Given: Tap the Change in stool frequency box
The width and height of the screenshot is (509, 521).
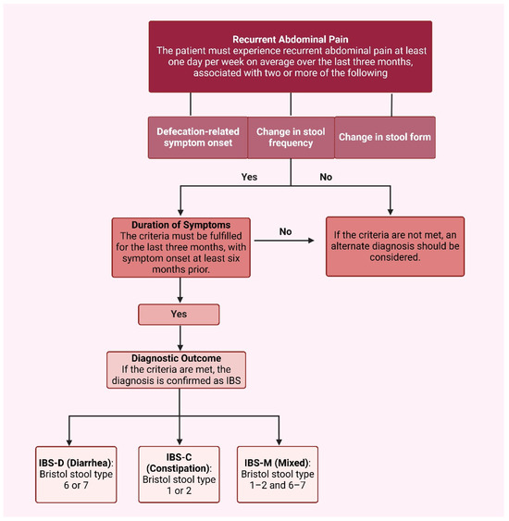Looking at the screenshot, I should [x=290, y=138].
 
